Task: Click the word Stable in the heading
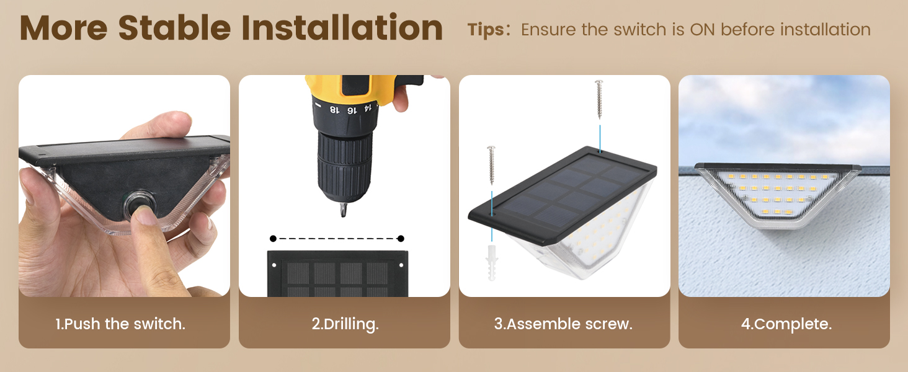(x=173, y=28)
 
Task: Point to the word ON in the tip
(x=703, y=29)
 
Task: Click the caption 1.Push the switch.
(x=120, y=324)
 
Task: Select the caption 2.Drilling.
(x=345, y=324)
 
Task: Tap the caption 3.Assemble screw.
(x=563, y=324)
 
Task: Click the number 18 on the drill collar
(x=334, y=108)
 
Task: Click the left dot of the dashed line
(x=273, y=239)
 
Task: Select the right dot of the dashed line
(x=401, y=239)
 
